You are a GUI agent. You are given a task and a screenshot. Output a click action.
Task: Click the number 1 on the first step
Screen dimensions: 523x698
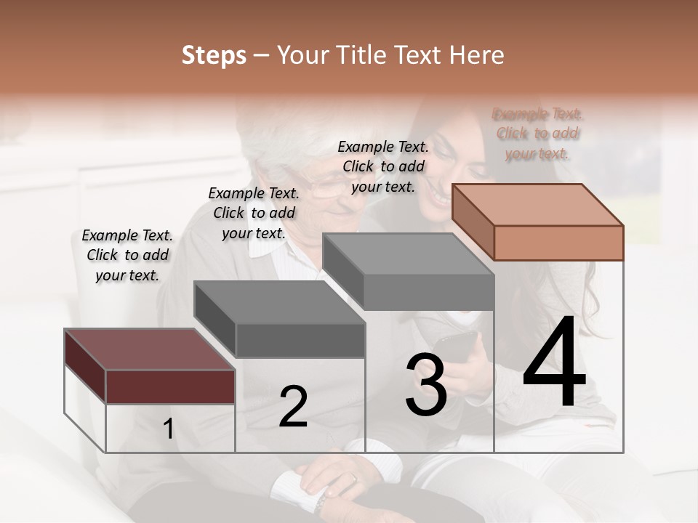point(169,429)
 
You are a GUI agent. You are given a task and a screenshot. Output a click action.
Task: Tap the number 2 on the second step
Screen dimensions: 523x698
point(293,407)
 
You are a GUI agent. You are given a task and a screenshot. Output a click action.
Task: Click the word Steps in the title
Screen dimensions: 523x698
point(214,55)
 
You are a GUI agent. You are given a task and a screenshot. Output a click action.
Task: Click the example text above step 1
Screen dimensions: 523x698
point(127,255)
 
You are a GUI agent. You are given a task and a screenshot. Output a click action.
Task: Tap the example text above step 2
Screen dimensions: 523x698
point(254,213)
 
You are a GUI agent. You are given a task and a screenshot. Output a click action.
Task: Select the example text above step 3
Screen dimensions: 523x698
point(383,166)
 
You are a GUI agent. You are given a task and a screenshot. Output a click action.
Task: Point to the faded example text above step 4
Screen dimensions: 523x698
point(537,134)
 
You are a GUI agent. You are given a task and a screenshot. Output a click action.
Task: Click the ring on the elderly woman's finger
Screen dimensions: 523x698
point(352,479)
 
